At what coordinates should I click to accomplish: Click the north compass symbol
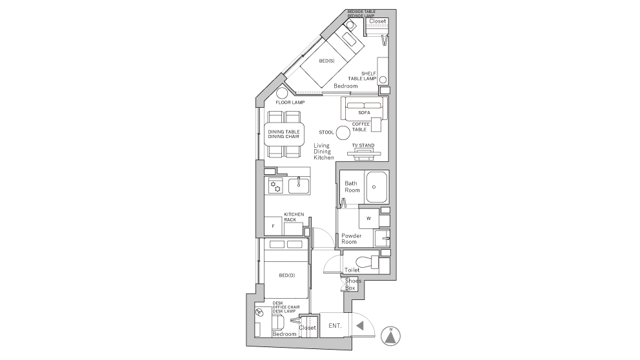coord(390,336)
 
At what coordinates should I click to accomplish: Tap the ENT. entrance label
coord(335,326)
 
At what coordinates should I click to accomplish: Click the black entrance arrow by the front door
coord(359,326)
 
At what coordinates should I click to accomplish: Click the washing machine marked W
coord(368,218)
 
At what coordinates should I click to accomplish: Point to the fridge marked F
coord(273,226)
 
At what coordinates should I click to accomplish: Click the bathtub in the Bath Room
coord(376,187)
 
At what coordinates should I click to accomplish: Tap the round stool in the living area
coord(343,132)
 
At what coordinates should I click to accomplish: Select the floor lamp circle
coord(283,94)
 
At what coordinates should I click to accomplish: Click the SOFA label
coord(364,113)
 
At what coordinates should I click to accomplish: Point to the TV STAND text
coord(363,145)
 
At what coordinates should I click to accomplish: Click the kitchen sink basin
coord(299,186)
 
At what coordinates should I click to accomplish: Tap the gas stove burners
coord(275,186)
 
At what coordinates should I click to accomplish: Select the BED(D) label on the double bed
coord(287,275)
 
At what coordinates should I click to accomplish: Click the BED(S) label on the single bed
coord(326,61)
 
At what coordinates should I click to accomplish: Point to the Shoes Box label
coord(352,284)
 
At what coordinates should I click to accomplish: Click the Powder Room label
coord(351,239)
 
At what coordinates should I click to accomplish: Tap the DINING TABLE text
coord(284,132)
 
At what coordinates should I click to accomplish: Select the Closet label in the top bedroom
coord(377,21)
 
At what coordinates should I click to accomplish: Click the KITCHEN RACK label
coord(294,217)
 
